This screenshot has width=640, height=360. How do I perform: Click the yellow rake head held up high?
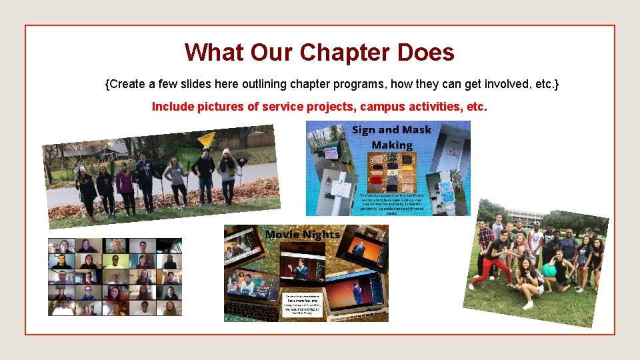click(207, 139)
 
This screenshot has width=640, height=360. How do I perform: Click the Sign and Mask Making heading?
click(391, 137)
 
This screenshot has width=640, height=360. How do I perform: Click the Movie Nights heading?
click(302, 234)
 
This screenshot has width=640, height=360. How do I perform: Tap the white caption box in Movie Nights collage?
click(305, 306)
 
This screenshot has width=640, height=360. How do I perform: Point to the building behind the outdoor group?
click(526, 217)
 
